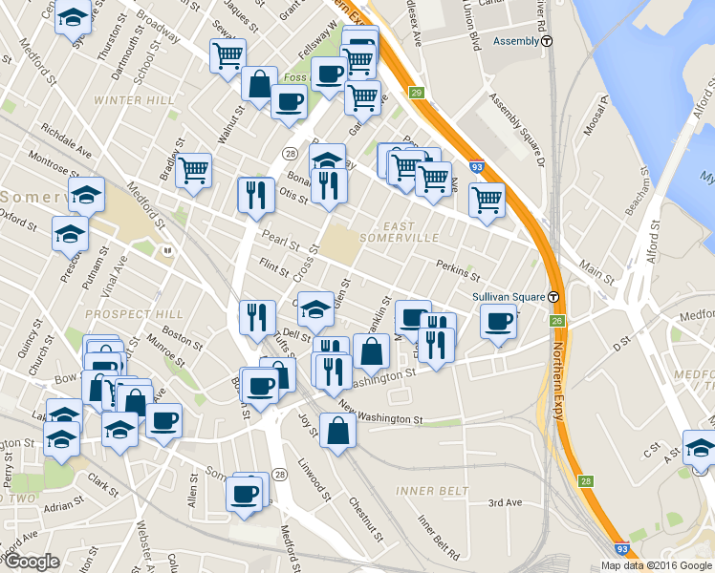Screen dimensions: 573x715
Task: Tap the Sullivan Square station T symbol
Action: tap(554, 297)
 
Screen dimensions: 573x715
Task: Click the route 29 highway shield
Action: tap(417, 93)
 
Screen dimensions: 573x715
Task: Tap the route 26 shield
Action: tap(556, 321)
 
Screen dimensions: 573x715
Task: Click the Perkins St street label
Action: tap(457, 269)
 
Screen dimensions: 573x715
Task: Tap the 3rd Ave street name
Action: tap(505, 503)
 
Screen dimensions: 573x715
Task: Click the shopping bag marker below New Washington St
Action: tap(337, 429)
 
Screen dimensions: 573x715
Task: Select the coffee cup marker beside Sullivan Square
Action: tap(498, 322)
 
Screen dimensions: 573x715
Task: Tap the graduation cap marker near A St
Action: tap(700, 446)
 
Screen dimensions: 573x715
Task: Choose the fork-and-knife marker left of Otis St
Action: tap(255, 194)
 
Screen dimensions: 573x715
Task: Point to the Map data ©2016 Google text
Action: tap(656, 565)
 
